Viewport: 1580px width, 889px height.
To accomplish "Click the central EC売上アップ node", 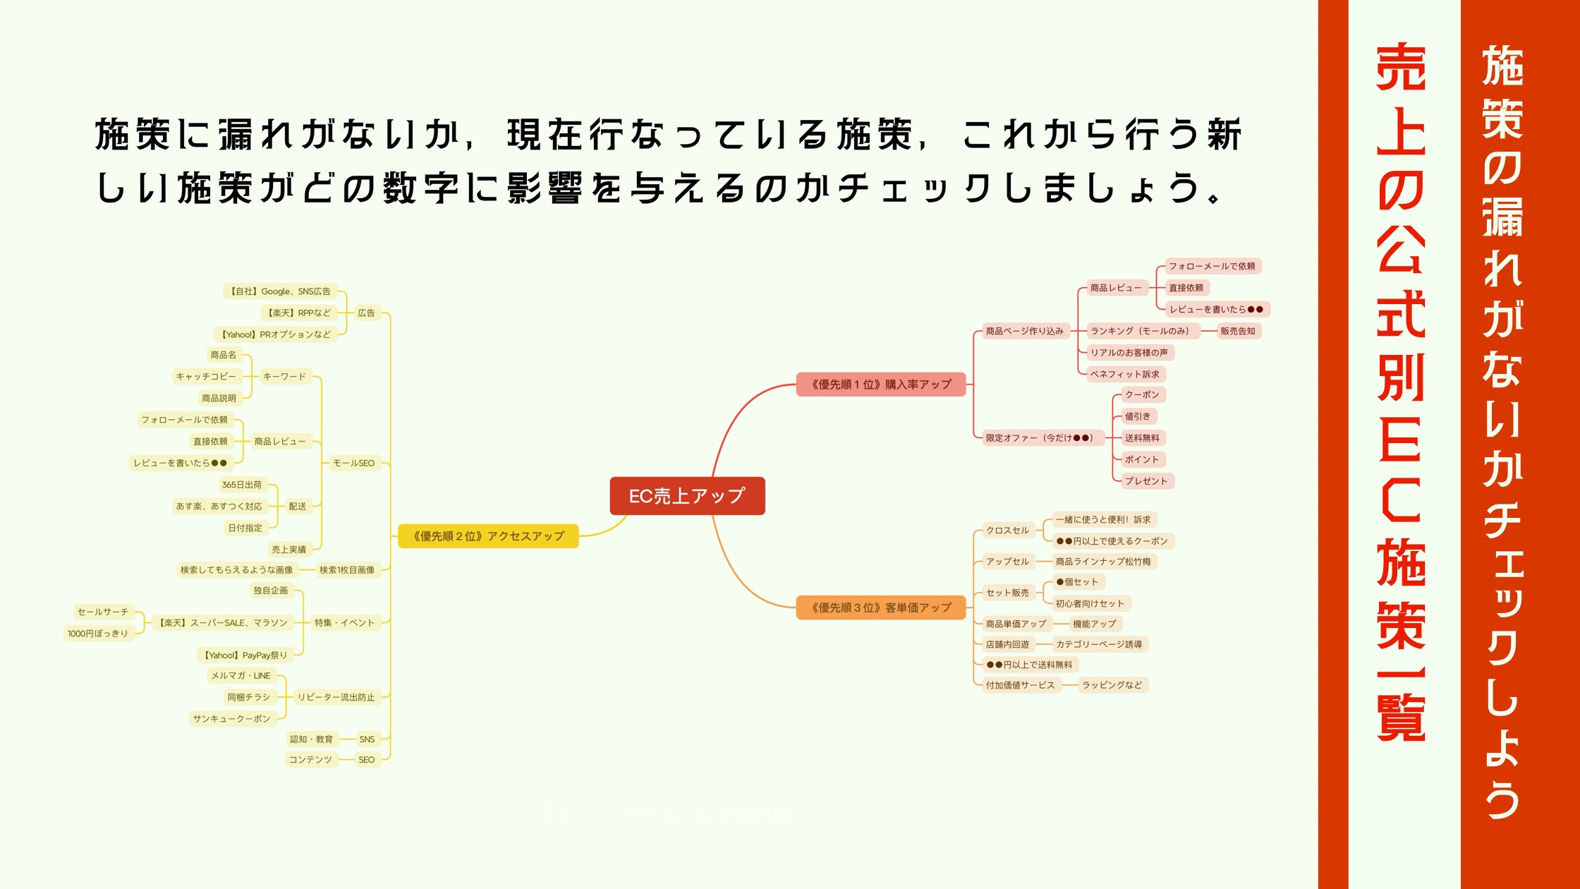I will pyautogui.click(x=687, y=496).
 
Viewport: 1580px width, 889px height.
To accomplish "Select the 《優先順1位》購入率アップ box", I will pyautogui.click(x=881, y=385).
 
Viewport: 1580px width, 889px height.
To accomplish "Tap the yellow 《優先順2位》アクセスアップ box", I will pyautogui.click(x=488, y=536).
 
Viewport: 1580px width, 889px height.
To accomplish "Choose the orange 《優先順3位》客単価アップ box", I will pyautogui.click(x=881, y=607).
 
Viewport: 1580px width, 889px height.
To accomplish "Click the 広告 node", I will pyautogui.click(x=366, y=313).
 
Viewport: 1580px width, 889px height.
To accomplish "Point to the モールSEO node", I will pyautogui.click(x=353, y=463).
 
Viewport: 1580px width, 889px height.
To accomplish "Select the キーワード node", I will pyautogui.click(x=284, y=377).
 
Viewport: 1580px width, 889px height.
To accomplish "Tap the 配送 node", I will pyautogui.click(x=298, y=507).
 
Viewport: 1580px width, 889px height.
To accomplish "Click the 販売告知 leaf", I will pyautogui.click(x=1238, y=331).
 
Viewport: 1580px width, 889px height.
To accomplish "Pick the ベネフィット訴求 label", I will pyautogui.click(x=1125, y=374).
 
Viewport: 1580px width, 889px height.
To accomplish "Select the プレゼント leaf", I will pyautogui.click(x=1146, y=481).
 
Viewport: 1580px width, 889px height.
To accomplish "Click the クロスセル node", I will pyautogui.click(x=1007, y=531).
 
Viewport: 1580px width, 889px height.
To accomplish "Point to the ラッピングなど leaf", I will pyautogui.click(x=1112, y=685).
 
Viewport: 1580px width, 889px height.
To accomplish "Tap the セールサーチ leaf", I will pyautogui.click(x=103, y=612).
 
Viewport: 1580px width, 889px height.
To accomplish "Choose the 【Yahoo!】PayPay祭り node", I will pyautogui.click(x=245, y=655).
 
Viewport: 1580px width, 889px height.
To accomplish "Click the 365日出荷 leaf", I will pyautogui.click(x=242, y=485).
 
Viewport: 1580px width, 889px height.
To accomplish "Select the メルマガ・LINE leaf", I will pyautogui.click(x=241, y=676).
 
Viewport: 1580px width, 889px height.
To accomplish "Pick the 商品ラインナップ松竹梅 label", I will pyautogui.click(x=1103, y=562).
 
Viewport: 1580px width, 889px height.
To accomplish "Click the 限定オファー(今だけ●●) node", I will pyautogui.click(x=1040, y=438).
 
